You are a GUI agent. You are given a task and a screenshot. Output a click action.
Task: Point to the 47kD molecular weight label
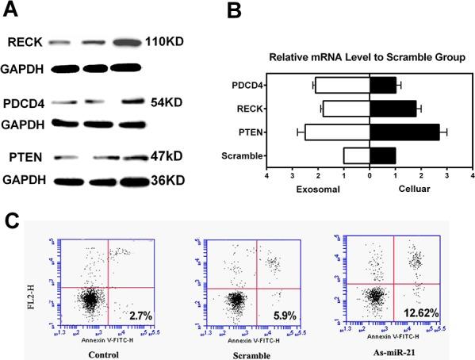[167, 158]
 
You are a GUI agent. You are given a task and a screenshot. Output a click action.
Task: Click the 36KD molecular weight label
[166, 182]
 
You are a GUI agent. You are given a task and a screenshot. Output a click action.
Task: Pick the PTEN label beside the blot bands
[21, 158]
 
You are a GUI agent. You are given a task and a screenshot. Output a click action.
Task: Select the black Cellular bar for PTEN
[404, 132]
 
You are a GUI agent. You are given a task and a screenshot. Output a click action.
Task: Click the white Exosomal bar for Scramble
[356, 155]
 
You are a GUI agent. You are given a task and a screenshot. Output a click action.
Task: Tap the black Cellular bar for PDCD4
[383, 85]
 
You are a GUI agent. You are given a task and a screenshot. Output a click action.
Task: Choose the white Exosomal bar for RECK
[346, 109]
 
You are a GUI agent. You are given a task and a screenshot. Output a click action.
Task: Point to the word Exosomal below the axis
[317, 190]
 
